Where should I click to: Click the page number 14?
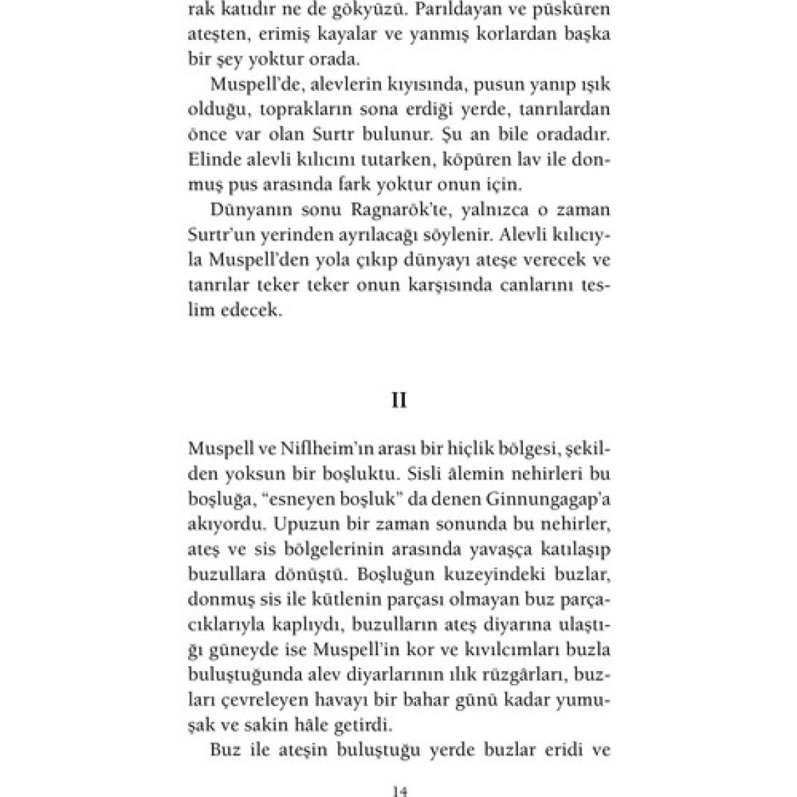click(x=398, y=790)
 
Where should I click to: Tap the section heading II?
click(x=398, y=401)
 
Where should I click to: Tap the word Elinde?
click(x=212, y=159)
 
